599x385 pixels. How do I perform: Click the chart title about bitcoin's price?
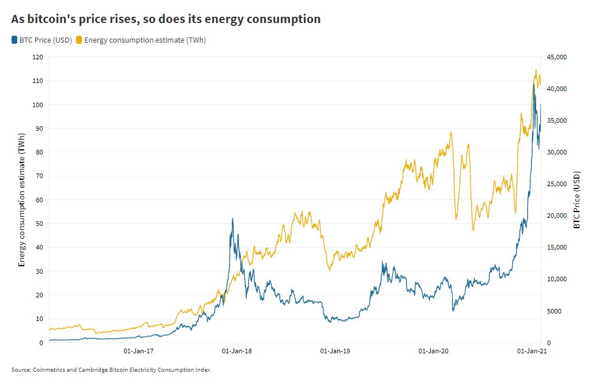pos(166,19)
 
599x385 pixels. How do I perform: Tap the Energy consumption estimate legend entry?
pos(145,40)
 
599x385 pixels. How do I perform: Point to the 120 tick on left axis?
pos(38,57)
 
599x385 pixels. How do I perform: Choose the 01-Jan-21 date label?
pos(530,350)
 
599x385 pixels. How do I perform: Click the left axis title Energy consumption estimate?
pos(22,199)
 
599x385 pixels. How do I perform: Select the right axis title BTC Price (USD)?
pos(577,199)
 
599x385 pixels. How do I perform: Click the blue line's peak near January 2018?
pos(232,218)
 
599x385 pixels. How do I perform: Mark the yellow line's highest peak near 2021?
pos(536,70)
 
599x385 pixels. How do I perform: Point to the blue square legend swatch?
pos(14,40)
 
